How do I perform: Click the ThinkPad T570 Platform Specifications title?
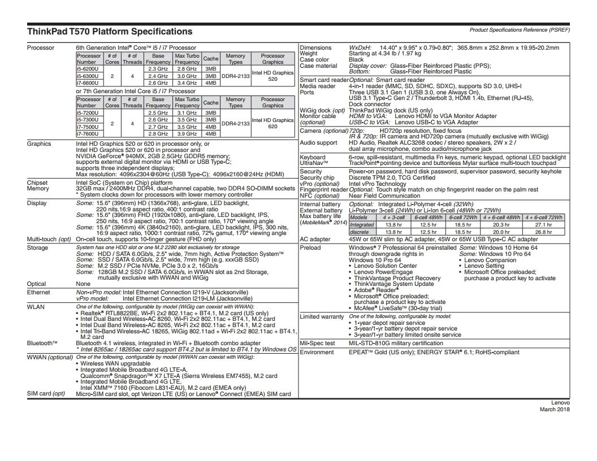click(110, 32)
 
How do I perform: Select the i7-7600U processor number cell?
click(88, 133)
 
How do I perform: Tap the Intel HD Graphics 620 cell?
click(272, 123)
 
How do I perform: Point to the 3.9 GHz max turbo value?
click(187, 133)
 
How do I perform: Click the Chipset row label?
click(37, 183)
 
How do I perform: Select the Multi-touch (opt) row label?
click(49, 239)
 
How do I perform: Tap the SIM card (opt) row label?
click(46, 394)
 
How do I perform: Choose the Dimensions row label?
click(315, 48)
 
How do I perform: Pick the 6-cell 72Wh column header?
click(463, 218)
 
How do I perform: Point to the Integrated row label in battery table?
click(362, 224)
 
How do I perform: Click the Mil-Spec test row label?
click(317, 343)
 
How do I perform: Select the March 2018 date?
click(555, 409)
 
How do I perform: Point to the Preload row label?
click(310, 247)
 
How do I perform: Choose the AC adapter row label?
click(315, 239)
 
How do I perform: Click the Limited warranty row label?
click(322, 317)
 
